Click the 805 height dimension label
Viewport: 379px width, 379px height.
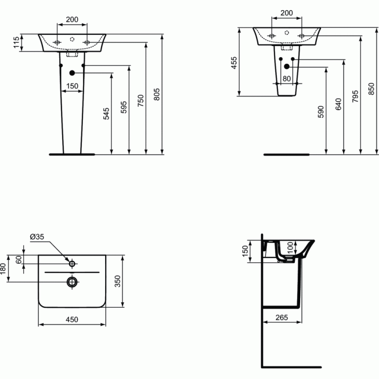[x=157, y=94]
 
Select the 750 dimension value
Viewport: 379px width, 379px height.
[x=140, y=101]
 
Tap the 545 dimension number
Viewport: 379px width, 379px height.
[x=106, y=114]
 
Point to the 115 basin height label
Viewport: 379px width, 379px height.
[x=16, y=42]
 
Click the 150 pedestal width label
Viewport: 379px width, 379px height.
[x=72, y=86]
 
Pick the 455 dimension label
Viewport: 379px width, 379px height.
[x=234, y=63]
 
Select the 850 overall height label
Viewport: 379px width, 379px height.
[x=371, y=89]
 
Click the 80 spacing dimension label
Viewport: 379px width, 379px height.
[x=287, y=78]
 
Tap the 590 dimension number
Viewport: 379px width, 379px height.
[x=321, y=112]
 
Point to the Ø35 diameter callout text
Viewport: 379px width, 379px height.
[x=37, y=236]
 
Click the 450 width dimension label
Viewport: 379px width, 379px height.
[x=72, y=319]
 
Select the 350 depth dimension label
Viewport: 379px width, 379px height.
[x=117, y=281]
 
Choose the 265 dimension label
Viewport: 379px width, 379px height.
[x=282, y=317]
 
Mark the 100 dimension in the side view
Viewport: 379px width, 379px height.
[x=290, y=247]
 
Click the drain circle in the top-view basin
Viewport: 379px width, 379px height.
[x=72, y=281]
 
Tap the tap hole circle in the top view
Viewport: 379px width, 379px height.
[x=72, y=264]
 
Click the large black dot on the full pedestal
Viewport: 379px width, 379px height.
[x=72, y=73]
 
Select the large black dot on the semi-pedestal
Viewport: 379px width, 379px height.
[x=287, y=66]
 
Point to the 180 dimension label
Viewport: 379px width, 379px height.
[x=3, y=268]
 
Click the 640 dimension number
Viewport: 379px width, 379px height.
[x=339, y=104]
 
